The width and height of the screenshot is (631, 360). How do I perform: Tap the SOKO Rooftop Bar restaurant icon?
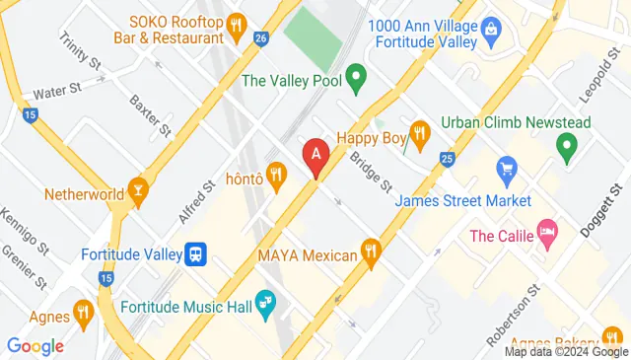pyautogui.click(x=236, y=25)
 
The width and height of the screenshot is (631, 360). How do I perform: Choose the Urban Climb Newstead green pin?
pyautogui.click(x=567, y=148)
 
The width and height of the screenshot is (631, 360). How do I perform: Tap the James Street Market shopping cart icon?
pyautogui.click(x=507, y=170)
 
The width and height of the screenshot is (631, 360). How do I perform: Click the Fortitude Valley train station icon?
pyautogui.click(x=197, y=253)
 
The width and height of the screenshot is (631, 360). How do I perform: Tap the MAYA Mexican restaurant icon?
pyautogui.click(x=371, y=253)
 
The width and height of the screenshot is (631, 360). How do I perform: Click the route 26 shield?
pyautogui.click(x=260, y=38)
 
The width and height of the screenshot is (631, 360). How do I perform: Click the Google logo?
pyautogui.click(x=35, y=346)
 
